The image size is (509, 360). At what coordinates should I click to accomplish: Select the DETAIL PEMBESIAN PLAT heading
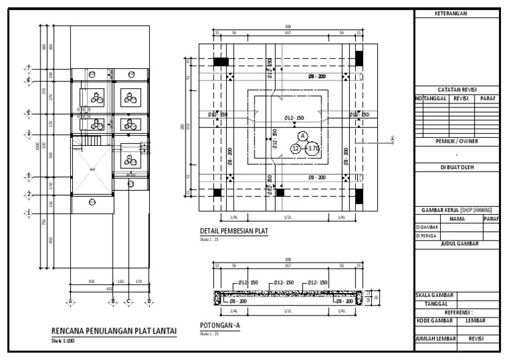235,231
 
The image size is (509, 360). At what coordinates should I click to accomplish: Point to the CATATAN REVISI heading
457,90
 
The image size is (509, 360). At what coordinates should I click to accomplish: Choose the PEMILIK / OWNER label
457,141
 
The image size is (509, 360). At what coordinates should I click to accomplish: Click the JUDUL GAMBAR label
457,244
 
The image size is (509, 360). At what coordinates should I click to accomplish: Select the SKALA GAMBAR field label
435,294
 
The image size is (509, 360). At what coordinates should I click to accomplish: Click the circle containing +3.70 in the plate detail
313,149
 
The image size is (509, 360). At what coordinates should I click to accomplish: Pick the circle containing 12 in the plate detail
296,149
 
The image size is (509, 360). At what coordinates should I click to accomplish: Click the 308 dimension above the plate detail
287,27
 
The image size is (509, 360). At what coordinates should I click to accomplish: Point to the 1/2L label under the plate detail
288,217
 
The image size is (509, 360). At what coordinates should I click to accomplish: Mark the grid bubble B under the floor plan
113,301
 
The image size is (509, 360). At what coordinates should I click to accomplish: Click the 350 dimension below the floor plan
91,282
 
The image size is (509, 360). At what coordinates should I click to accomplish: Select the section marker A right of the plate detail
392,139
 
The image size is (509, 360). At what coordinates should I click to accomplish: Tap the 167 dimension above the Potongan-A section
288,266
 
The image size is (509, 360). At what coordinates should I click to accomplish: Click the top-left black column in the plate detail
220,61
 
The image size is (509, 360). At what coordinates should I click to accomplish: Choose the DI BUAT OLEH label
457,168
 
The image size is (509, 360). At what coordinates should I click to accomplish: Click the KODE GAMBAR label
435,320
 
